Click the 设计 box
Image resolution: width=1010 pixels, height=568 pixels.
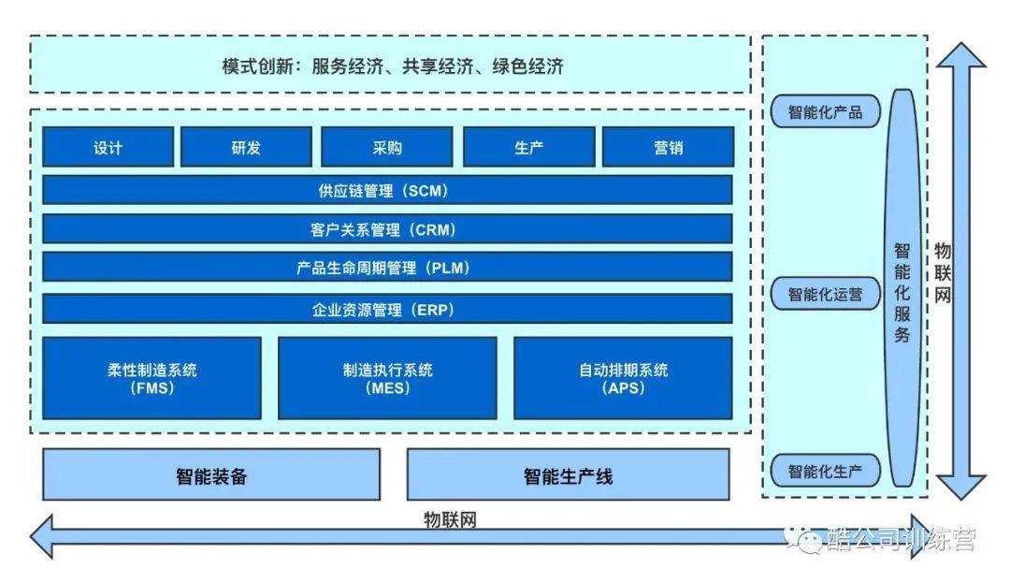[x=108, y=147]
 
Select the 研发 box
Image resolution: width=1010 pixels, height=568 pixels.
[x=246, y=147]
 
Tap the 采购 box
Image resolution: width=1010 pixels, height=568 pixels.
[x=386, y=147]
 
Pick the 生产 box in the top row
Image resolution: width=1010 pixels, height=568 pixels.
[x=528, y=147]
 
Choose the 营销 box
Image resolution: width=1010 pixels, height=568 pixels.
[x=668, y=147]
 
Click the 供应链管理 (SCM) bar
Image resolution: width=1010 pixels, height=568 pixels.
[x=387, y=190]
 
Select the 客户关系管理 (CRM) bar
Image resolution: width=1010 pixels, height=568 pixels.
[x=387, y=229]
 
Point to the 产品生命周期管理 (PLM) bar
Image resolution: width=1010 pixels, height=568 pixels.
[x=387, y=268]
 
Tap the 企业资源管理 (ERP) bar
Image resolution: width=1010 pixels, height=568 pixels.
[x=387, y=309]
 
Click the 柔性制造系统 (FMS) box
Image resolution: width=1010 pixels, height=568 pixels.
[x=151, y=378]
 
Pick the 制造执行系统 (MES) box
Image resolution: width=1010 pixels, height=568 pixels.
[x=387, y=378]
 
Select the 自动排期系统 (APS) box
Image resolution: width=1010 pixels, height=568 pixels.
[x=623, y=378]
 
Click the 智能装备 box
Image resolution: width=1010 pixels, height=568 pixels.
[x=211, y=474]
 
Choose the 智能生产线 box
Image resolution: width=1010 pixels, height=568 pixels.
[x=568, y=474]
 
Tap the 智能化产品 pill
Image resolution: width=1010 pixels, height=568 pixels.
[x=825, y=112]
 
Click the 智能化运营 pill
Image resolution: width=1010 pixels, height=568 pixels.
[x=825, y=294]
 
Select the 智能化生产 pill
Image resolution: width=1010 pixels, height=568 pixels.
[x=825, y=471]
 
